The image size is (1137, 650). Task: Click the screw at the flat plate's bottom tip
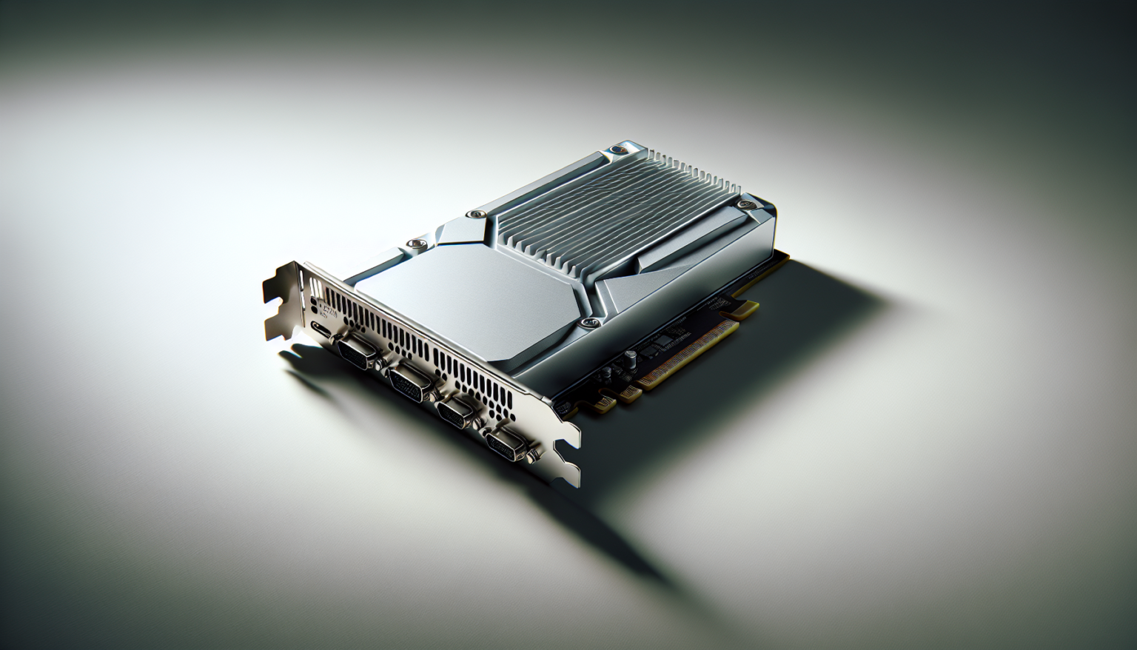(589, 323)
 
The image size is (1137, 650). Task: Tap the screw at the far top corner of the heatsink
(614, 151)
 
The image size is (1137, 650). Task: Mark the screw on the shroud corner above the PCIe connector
(746, 203)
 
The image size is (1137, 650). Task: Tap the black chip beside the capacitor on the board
(666, 340)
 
